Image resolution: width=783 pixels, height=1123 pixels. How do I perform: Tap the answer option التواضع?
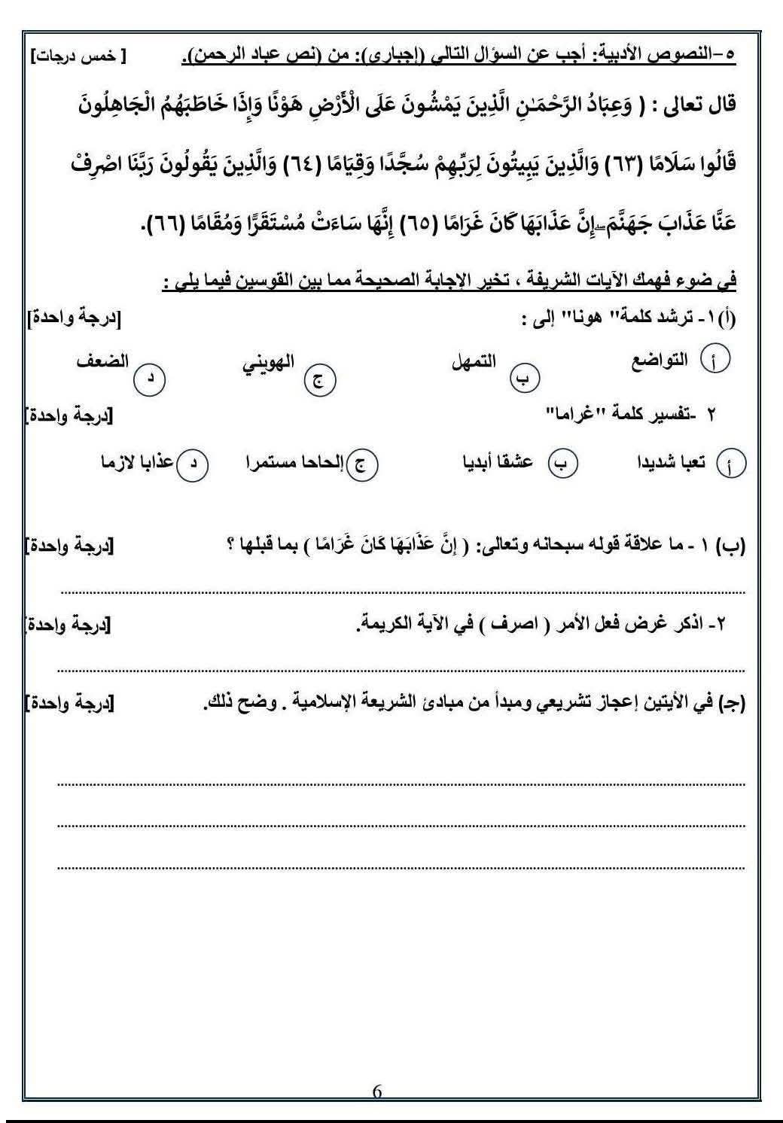(659, 361)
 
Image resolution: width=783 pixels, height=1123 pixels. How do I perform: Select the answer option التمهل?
(474, 361)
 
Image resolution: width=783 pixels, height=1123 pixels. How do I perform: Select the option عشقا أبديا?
(497, 461)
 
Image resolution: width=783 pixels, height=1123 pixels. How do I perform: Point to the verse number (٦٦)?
(171, 224)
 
